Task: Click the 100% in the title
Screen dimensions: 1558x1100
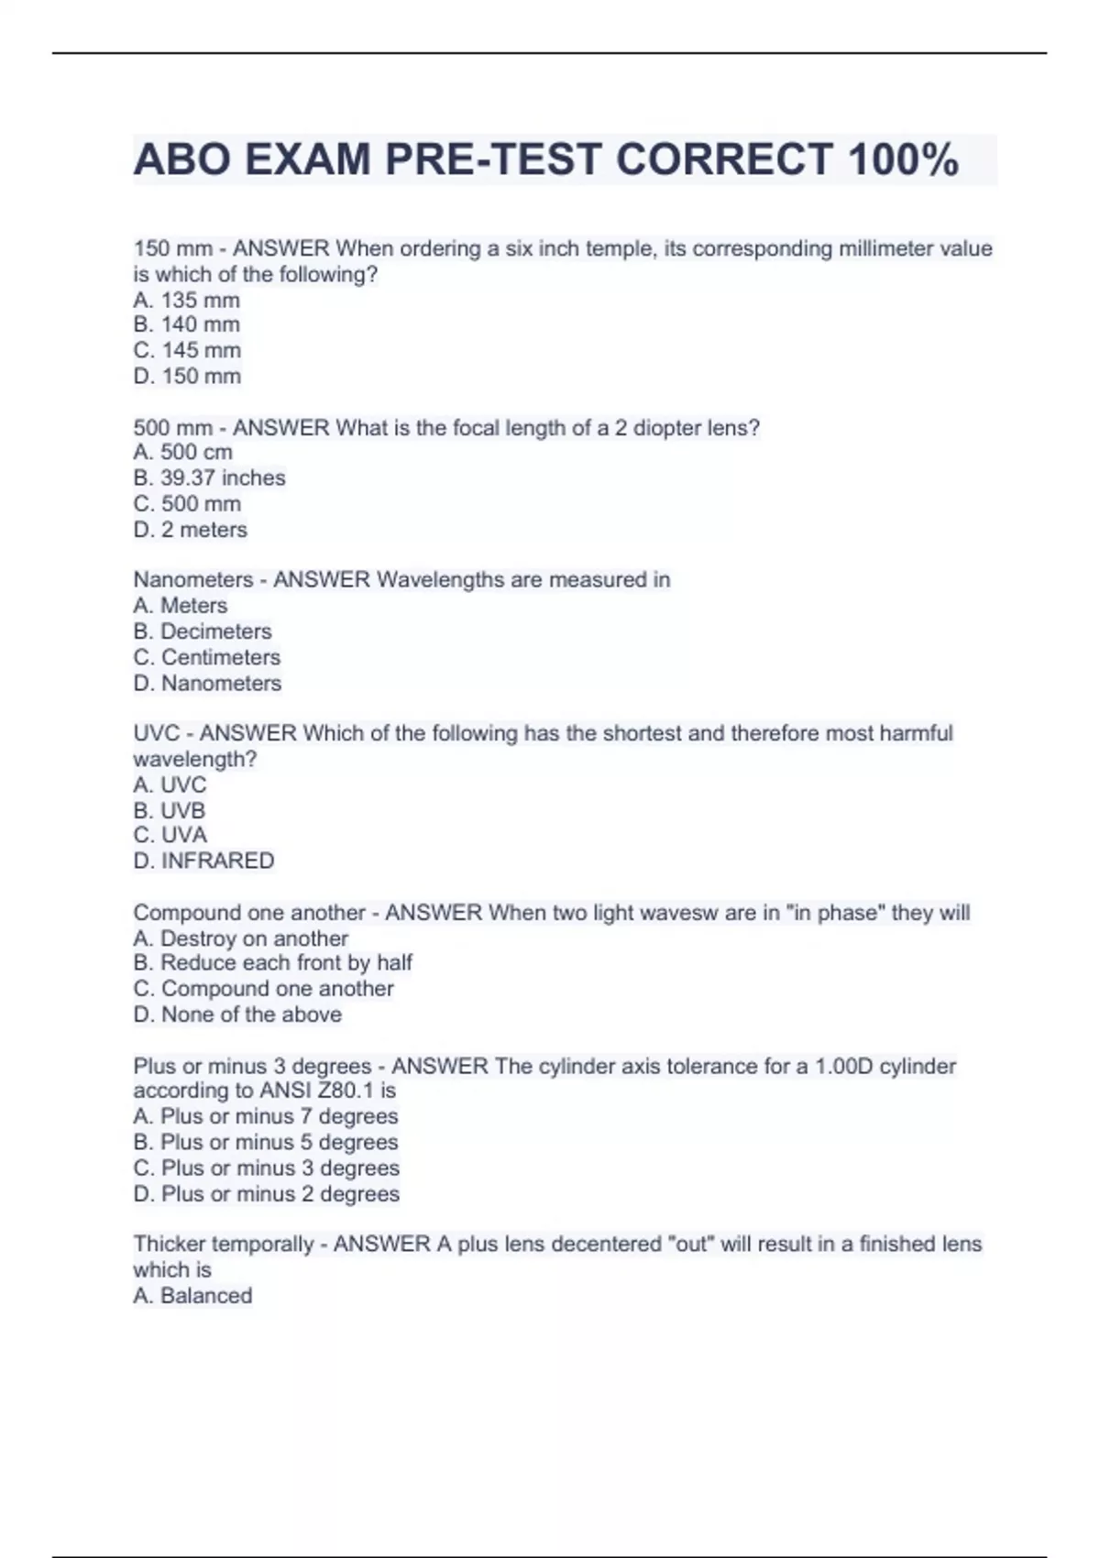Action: pyautogui.click(x=903, y=159)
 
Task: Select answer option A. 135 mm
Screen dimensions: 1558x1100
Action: pyautogui.click(x=187, y=300)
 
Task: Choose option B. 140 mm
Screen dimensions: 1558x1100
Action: pyautogui.click(x=187, y=324)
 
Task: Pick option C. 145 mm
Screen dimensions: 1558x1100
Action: pyautogui.click(x=187, y=350)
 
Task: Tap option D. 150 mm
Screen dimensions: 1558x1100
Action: pyautogui.click(x=187, y=376)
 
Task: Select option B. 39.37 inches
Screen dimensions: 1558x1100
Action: pyautogui.click(x=209, y=477)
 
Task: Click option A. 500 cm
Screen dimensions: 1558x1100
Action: pyautogui.click(x=182, y=452)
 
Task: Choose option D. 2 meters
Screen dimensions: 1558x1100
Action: pyautogui.click(x=191, y=530)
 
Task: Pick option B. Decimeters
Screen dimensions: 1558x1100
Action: pyautogui.click(x=203, y=631)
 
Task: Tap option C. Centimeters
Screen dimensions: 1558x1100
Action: pyautogui.click(x=207, y=657)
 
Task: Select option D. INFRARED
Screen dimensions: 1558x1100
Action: pyautogui.click(x=203, y=861)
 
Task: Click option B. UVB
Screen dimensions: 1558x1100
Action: pyautogui.click(x=170, y=810)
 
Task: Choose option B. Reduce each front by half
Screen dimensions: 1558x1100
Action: pyautogui.click(x=273, y=962)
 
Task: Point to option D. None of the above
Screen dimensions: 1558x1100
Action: pyautogui.click(x=237, y=1015)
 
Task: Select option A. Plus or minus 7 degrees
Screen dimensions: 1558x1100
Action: pyautogui.click(x=266, y=1116)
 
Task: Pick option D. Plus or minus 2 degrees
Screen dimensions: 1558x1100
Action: pyautogui.click(x=267, y=1194)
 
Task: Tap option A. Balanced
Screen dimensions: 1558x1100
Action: pyautogui.click(x=192, y=1296)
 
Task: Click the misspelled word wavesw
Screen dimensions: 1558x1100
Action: pyautogui.click(x=681, y=913)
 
